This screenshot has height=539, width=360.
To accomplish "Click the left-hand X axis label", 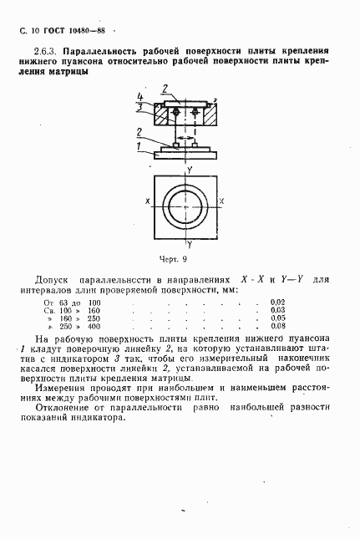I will click(147, 201).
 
